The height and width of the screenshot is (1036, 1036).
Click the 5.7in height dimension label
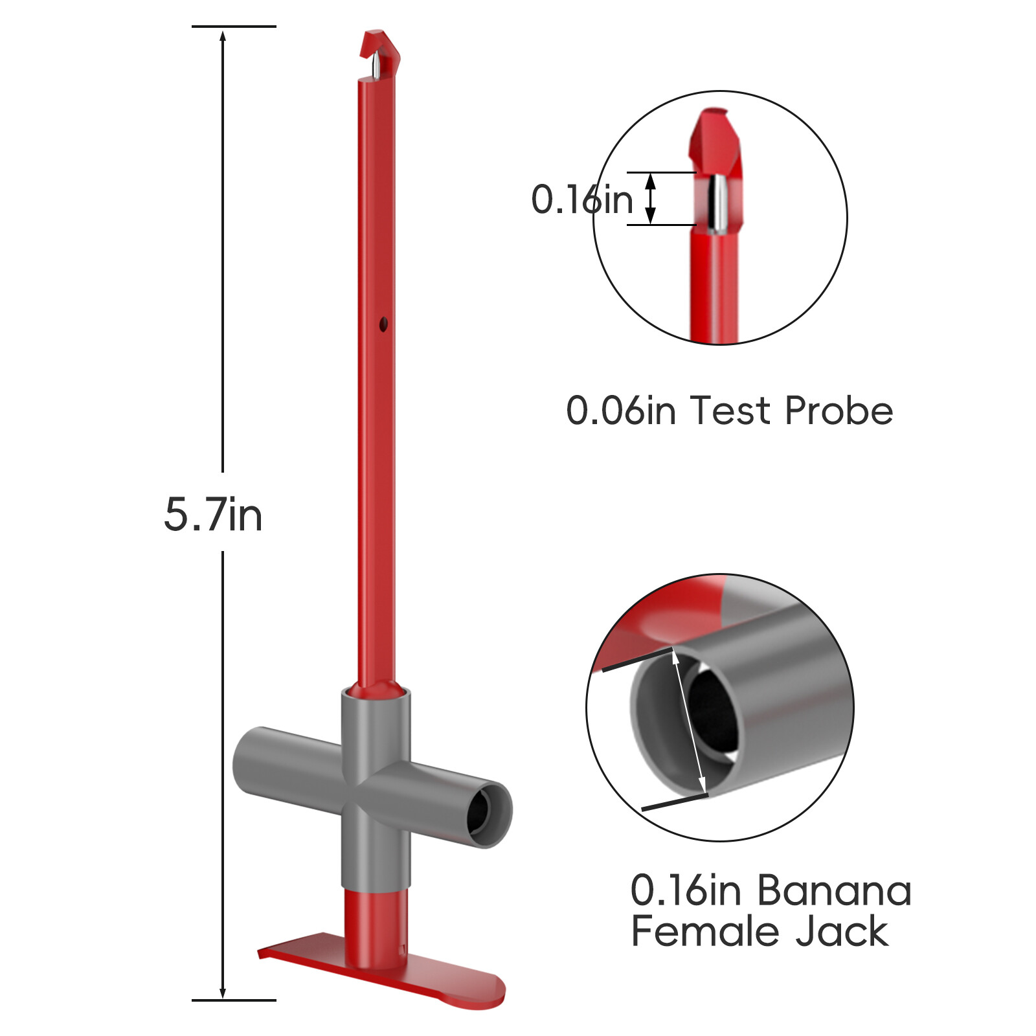[213, 515]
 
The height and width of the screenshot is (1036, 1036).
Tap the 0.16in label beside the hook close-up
[582, 199]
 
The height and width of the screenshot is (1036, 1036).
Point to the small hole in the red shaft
[383, 324]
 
